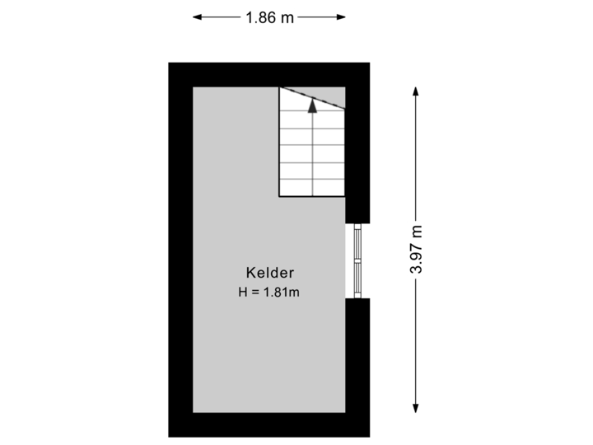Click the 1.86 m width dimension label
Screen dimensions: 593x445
click(x=269, y=16)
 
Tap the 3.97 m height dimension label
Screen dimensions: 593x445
click(x=417, y=250)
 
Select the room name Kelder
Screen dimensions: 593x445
click(x=270, y=272)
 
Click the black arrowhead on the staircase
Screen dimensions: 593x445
click(x=312, y=104)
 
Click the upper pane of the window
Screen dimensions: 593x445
click(x=357, y=242)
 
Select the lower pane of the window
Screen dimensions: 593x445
click(x=357, y=279)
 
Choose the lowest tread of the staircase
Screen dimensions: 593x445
click(x=311, y=188)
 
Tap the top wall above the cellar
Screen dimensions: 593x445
click(x=269, y=75)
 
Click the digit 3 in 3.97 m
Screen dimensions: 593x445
click(x=417, y=269)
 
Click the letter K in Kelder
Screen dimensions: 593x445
click(x=250, y=272)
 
